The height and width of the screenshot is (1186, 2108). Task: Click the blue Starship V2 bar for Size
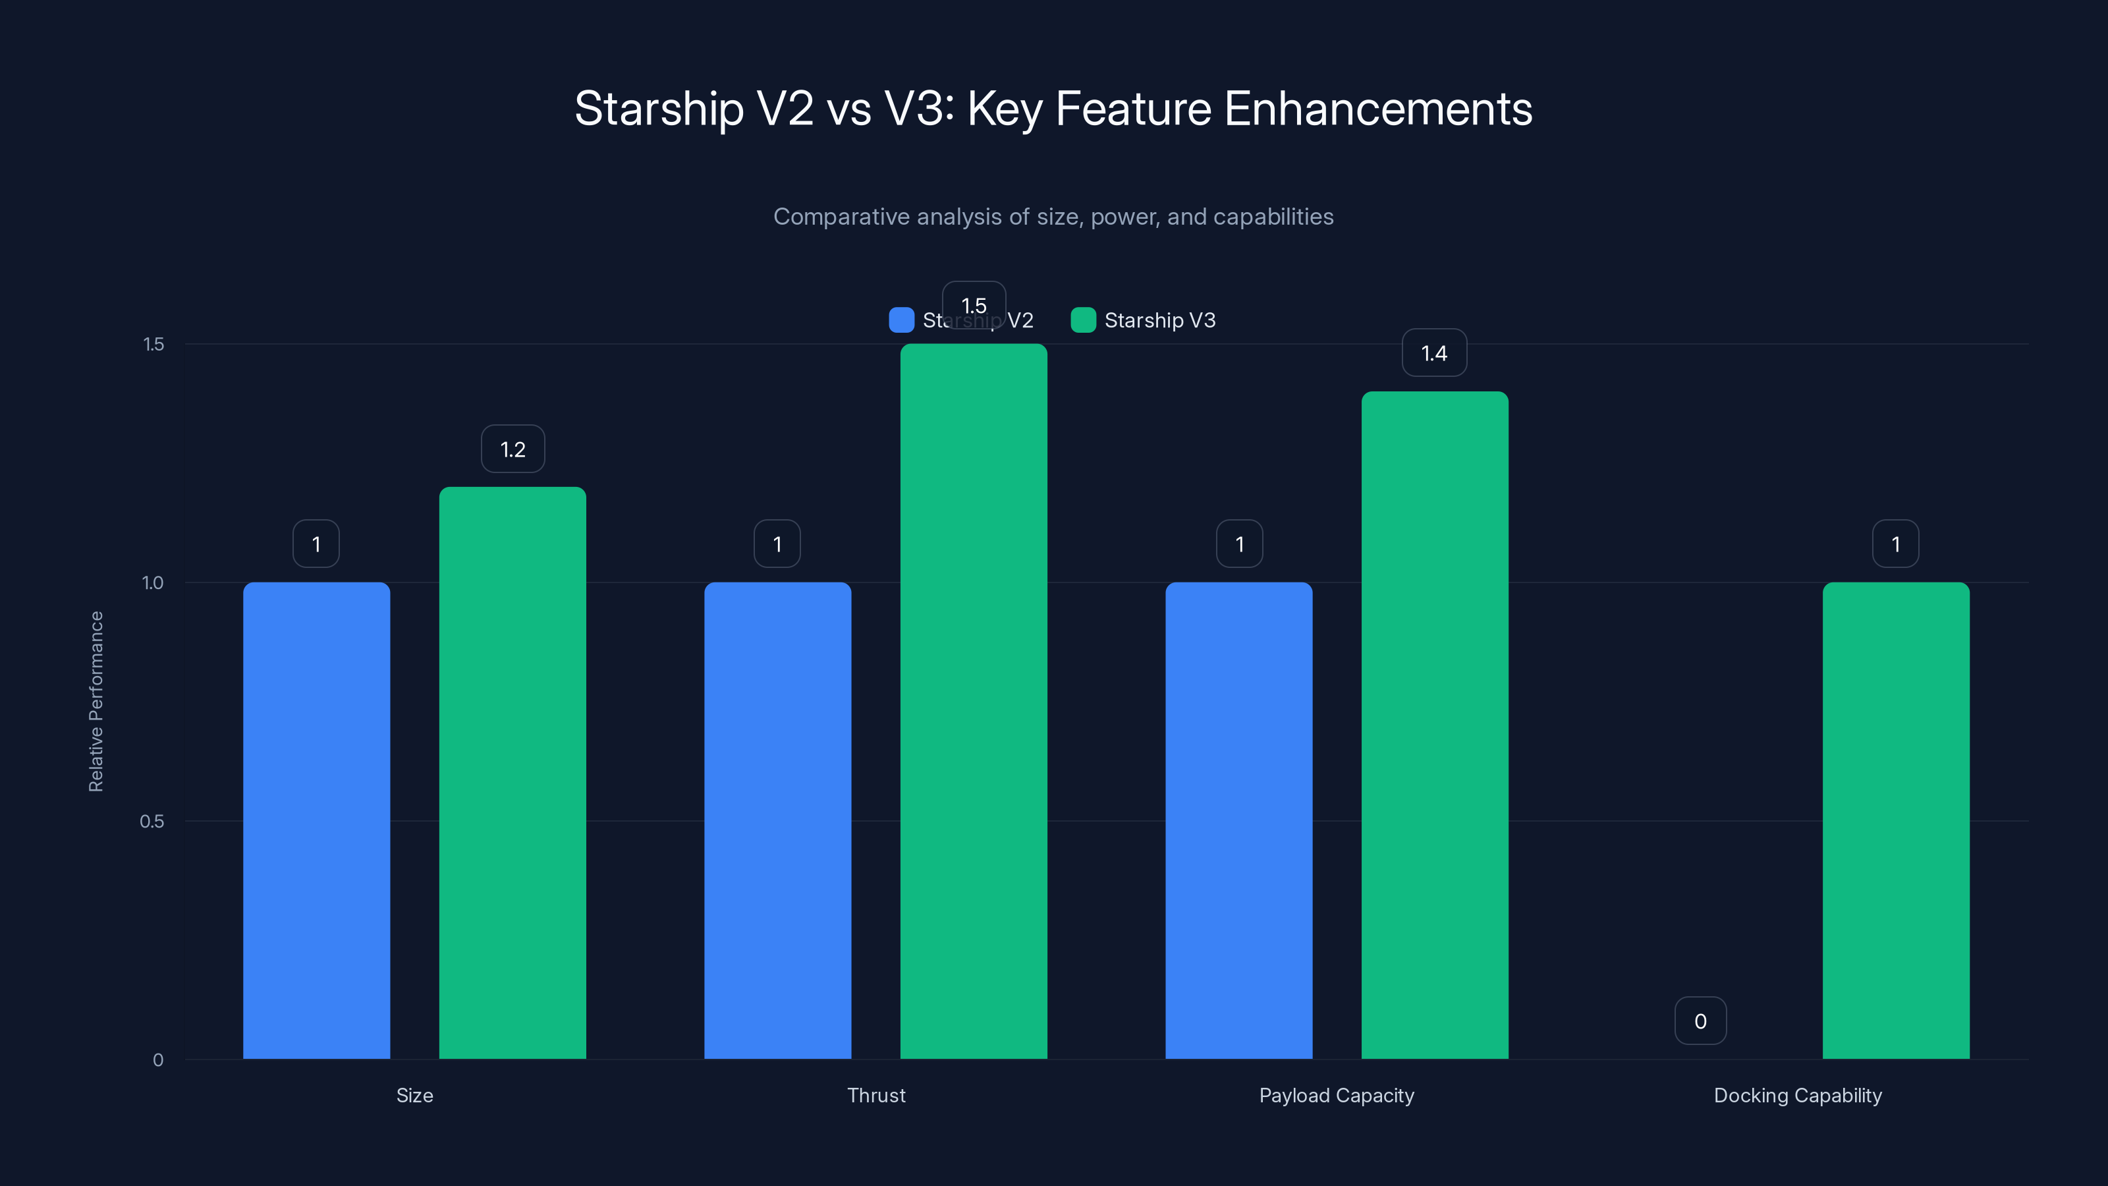click(x=316, y=820)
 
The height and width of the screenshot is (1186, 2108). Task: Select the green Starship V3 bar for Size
click(x=513, y=773)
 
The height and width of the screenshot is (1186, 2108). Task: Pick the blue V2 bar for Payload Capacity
click(x=1238, y=820)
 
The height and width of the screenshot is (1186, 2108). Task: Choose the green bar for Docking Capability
click(x=1895, y=820)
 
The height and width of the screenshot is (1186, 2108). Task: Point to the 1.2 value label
click(x=513, y=449)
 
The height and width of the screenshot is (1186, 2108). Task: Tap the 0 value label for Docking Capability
click(x=1700, y=1021)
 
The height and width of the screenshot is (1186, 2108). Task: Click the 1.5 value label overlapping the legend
click(x=974, y=304)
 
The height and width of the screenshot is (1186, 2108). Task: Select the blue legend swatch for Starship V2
click(x=901, y=320)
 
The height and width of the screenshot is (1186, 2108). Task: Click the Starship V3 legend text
click(x=1159, y=320)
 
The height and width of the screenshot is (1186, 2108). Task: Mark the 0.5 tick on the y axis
click(x=152, y=821)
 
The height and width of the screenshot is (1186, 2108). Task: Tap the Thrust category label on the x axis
click(x=875, y=1095)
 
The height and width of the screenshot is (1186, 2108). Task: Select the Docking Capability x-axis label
click(x=1797, y=1095)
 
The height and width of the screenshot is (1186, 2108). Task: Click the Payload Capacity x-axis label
click(x=1337, y=1095)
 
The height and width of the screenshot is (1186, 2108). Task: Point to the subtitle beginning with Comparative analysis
click(x=1053, y=216)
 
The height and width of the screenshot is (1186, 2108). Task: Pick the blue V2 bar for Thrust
click(x=777, y=820)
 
